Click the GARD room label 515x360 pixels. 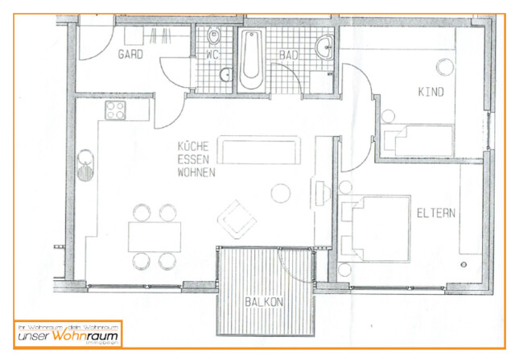130,56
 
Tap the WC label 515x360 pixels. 212,56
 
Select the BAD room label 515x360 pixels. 288,56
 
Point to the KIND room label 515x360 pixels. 431,92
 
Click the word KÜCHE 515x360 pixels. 194,147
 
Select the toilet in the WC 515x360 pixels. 214,36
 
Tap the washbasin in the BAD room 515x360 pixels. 325,47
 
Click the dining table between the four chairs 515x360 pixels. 154,236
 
